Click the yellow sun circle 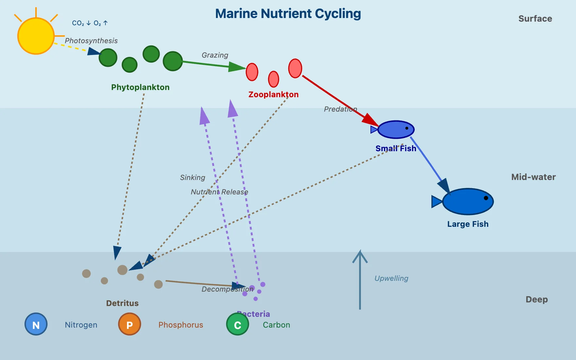click(36, 36)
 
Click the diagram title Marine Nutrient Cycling click(288, 14)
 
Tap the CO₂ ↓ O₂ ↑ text click(90, 23)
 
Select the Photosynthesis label click(91, 41)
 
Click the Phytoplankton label click(140, 87)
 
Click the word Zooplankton click(273, 95)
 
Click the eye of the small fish click(407, 128)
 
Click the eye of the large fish click(486, 198)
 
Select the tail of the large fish click(437, 202)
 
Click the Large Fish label click(468, 224)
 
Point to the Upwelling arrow click(360, 281)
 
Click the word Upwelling click(391, 279)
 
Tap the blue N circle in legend click(36, 324)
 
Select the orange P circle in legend click(130, 324)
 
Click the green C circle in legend click(238, 324)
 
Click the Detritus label click(122, 303)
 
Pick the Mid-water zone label click(533, 177)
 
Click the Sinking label click(192, 178)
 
